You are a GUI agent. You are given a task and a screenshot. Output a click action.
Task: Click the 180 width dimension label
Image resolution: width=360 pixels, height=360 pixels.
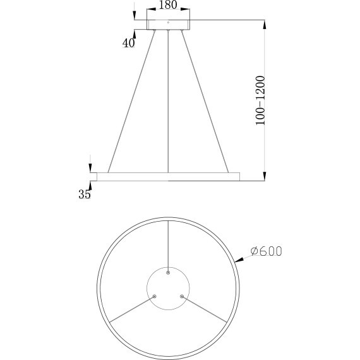coord(167,6)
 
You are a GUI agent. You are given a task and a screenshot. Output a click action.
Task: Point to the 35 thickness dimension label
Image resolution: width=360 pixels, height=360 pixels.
coord(85,195)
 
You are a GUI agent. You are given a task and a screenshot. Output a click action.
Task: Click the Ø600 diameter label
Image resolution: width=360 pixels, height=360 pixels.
coord(266,251)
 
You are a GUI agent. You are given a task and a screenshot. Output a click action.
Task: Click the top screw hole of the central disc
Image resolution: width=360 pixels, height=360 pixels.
coord(168,273)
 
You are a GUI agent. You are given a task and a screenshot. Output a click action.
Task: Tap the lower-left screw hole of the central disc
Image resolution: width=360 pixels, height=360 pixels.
coord(154,296)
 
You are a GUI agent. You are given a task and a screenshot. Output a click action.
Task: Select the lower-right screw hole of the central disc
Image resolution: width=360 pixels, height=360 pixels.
coord(182,296)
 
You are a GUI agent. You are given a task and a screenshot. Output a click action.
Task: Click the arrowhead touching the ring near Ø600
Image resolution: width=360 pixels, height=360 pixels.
coord(238,259)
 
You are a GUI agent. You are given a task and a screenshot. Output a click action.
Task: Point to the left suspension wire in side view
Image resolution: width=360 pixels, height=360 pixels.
coord(132,101)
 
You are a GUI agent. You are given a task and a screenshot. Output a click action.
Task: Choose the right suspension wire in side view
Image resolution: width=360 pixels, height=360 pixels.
coord(205,101)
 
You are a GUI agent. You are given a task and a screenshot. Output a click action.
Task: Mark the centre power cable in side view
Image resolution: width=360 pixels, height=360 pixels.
coord(168,101)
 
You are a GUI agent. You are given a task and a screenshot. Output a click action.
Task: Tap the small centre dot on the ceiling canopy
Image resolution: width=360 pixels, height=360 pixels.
coord(168,23)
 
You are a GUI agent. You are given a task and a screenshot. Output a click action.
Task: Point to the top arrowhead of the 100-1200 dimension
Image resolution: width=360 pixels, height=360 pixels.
coord(263,23)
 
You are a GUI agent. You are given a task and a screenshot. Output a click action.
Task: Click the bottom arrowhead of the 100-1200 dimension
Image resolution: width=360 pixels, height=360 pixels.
coord(263,176)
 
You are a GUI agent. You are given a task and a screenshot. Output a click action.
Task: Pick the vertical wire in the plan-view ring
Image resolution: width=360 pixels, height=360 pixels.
coord(168,243)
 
